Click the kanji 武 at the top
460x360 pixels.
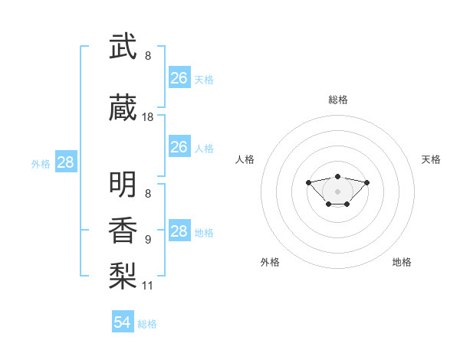pos(123,46)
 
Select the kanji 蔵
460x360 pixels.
pos(123,107)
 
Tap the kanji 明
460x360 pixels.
pos(123,184)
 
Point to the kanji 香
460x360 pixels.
pos(123,230)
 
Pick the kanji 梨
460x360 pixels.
pos(123,276)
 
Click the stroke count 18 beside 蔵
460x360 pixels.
pos(147,117)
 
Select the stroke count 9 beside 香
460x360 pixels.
pos(148,240)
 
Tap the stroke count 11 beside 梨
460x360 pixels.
pos(147,286)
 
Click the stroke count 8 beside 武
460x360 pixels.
pos(148,56)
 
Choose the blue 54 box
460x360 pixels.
pos(123,321)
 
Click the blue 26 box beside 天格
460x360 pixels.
pos(180,77)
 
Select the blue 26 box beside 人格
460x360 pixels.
pos(180,146)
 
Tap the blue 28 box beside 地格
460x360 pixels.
pos(180,230)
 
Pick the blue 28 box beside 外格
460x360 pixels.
pos(66,162)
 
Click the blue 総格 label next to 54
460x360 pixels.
pos(147,324)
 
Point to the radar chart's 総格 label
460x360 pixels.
pos(338,100)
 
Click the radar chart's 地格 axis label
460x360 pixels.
pos(402,262)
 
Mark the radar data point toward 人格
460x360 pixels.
pos(308,182)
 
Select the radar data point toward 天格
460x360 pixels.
pos(366,182)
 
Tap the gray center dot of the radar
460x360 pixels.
pos(337,191)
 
